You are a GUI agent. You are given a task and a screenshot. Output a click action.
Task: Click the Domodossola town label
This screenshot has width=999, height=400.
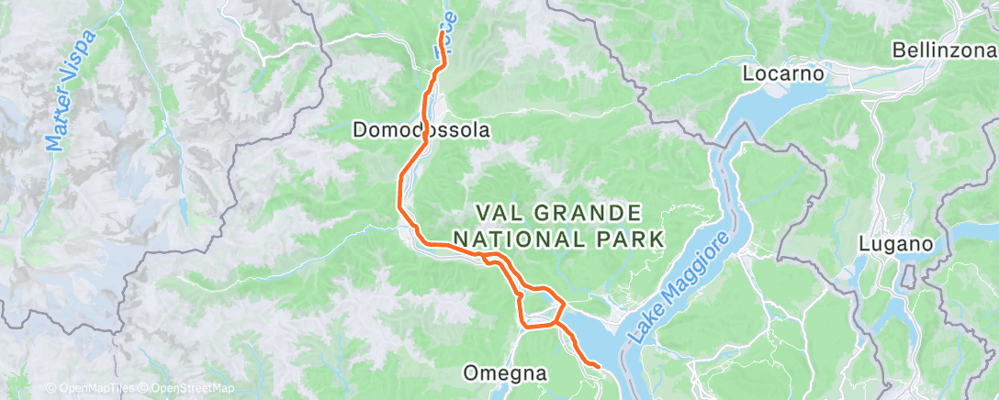pyautogui.click(x=421, y=131)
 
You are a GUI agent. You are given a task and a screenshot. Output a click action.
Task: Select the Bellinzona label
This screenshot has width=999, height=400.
pyautogui.click(x=944, y=50)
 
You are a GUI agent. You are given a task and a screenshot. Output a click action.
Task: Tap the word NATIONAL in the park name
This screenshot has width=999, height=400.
pyautogui.click(x=527, y=239)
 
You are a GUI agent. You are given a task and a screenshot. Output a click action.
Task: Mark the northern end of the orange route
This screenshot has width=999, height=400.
pyautogui.click(x=443, y=33)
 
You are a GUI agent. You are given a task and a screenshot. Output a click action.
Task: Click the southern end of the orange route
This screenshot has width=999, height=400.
pyautogui.click(x=599, y=367)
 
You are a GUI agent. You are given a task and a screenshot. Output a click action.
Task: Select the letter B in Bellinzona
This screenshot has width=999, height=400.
pyautogui.click(x=899, y=50)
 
